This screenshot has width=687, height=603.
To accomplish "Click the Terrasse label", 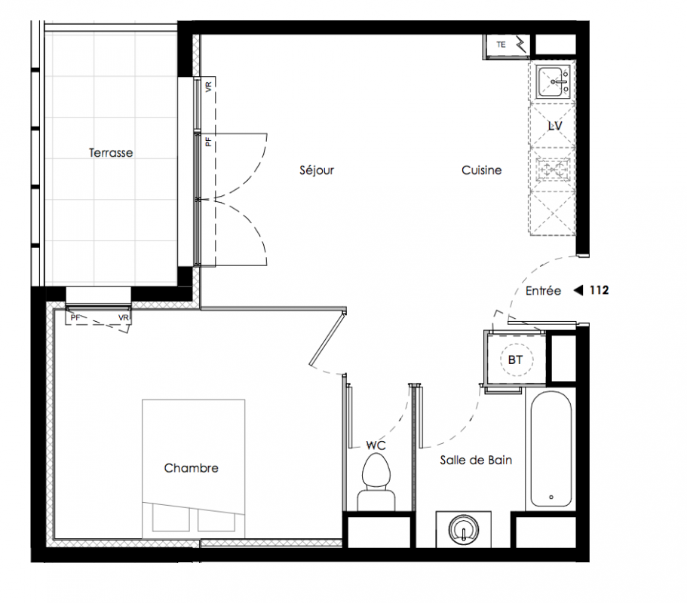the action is (111, 153).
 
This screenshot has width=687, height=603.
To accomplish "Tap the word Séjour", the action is (317, 170).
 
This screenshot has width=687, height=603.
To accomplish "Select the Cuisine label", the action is (482, 170).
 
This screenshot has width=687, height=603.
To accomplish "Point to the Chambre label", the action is (191, 468).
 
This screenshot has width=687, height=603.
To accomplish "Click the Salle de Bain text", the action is (477, 461).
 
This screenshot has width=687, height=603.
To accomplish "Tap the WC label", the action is (376, 445).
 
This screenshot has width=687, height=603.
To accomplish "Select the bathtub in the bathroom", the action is (551, 449).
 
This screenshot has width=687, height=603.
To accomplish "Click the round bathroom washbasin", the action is (464, 529).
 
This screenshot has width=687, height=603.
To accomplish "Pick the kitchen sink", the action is (553, 81).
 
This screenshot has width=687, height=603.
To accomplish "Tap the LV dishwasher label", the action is (555, 126).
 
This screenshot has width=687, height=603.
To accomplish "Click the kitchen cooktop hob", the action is (553, 169).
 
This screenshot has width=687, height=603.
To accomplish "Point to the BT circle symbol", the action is (515, 360).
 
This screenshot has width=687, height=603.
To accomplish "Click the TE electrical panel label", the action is (501, 44).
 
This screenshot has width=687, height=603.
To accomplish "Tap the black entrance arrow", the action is (578, 290).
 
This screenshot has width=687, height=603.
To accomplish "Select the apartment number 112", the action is (599, 290).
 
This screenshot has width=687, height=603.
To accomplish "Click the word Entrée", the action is (543, 291).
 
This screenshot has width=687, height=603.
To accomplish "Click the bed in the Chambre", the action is (193, 469).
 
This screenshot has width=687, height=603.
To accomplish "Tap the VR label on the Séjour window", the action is (209, 86).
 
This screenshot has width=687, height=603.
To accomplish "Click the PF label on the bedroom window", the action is (75, 317).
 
